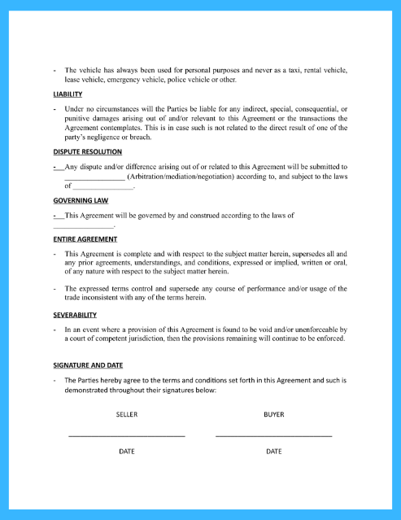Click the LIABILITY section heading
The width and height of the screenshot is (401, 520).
68,94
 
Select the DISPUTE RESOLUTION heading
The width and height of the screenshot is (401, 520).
87,151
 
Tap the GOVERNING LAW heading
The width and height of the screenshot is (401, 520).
81,200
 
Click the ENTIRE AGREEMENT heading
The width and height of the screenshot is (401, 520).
85,239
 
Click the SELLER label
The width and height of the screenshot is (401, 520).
127,414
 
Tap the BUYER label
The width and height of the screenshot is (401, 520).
274,414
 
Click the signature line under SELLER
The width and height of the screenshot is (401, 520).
127,436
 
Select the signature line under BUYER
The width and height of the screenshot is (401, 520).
274,436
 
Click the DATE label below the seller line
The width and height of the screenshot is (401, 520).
127,451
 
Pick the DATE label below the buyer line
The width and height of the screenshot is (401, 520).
274,451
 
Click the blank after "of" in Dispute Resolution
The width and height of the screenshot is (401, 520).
103,188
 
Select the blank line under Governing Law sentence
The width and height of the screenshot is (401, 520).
84,226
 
